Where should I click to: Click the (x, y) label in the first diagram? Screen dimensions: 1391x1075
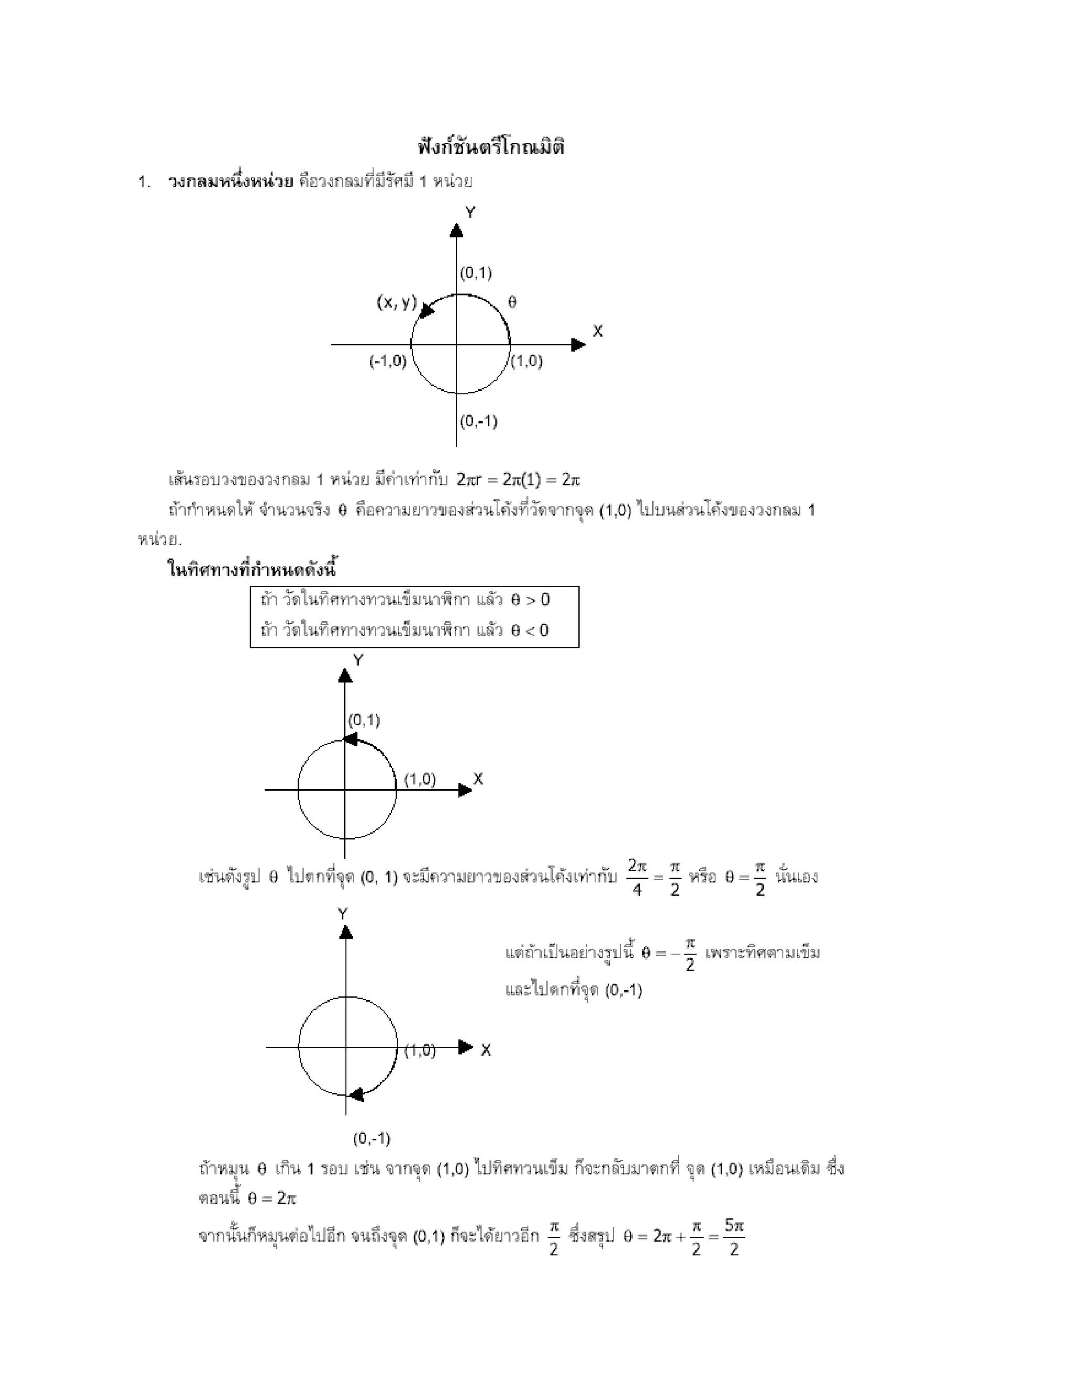pyautogui.click(x=396, y=302)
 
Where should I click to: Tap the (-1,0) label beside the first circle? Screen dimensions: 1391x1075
pyautogui.click(x=387, y=361)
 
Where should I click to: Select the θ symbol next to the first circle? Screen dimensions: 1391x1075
pyautogui.click(x=512, y=302)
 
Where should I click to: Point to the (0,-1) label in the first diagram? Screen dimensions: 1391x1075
pyautogui.click(x=478, y=421)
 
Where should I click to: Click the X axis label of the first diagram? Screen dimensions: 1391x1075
pyautogui.click(x=597, y=331)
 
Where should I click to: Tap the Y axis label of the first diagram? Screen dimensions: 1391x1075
pyautogui.click(x=470, y=213)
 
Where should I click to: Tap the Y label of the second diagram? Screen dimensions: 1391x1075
pyautogui.click(x=358, y=660)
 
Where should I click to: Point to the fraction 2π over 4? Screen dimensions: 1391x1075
pyautogui.click(x=637, y=878)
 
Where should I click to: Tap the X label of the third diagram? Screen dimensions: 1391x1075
pyautogui.click(x=486, y=1050)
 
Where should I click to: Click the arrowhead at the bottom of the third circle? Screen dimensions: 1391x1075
pyautogui.click(x=356, y=1094)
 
